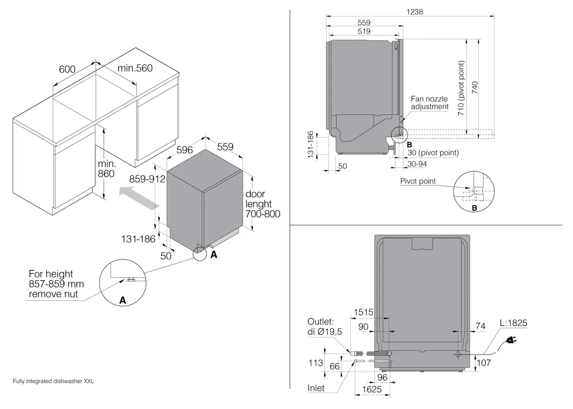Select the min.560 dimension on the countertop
135,69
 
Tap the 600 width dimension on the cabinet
68,69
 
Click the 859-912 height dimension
147,179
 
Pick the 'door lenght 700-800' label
264,204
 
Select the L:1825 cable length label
512,324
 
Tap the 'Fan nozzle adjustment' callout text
429,103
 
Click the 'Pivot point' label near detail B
418,182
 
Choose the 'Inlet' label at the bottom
316,388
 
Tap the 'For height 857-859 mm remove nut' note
54,285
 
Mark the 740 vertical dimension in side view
475,86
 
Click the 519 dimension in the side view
363,33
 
